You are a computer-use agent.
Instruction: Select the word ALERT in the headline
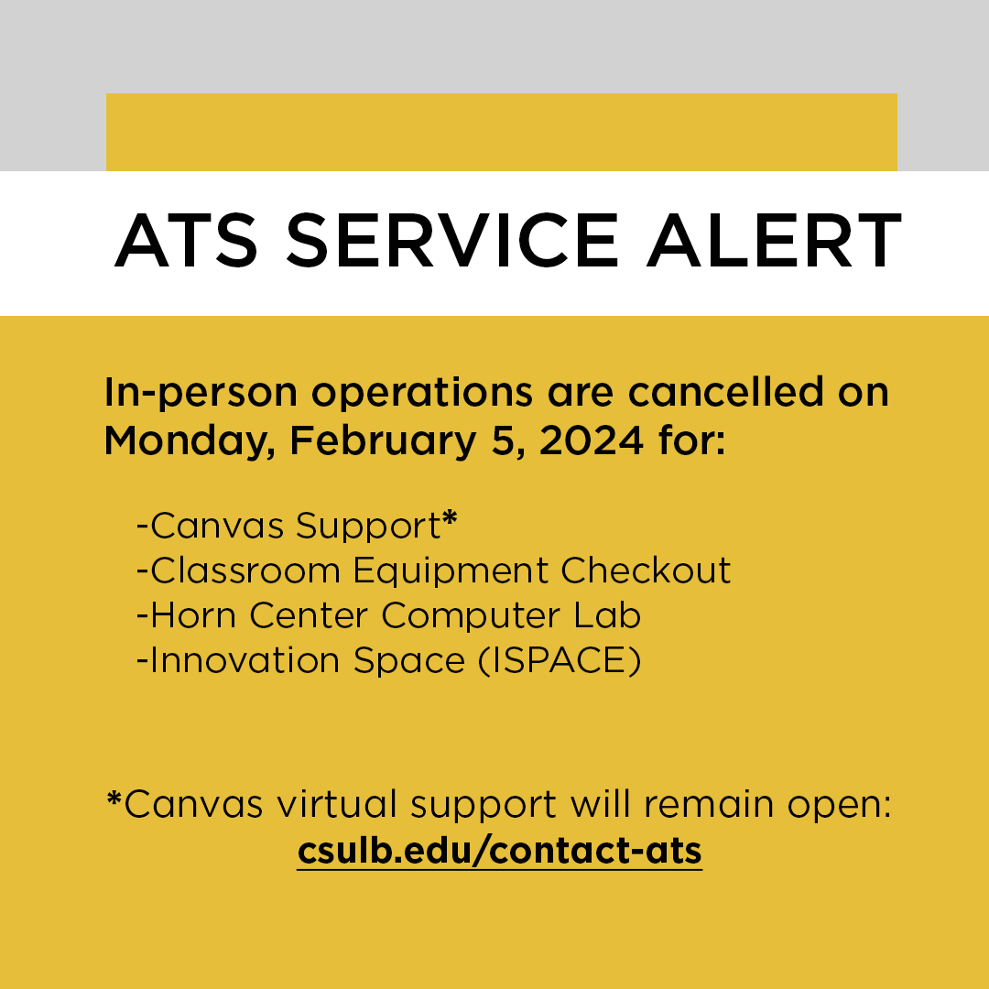(x=774, y=241)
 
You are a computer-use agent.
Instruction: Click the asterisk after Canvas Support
(x=449, y=519)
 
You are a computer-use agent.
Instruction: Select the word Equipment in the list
(x=451, y=571)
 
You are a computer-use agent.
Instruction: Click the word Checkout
(x=646, y=570)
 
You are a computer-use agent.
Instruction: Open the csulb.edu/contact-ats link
(x=499, y=851)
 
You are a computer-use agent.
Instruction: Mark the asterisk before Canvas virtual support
(x=114, y=799)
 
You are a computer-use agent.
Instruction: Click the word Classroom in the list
(x=245, y=570)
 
